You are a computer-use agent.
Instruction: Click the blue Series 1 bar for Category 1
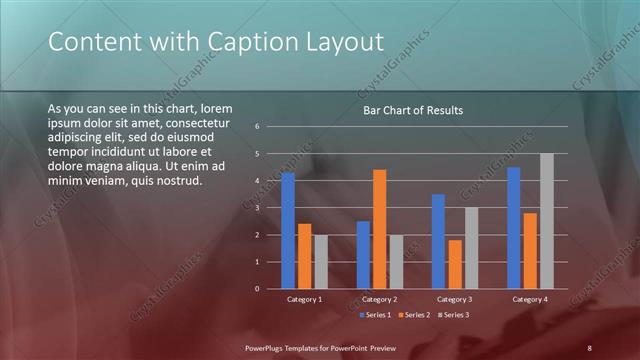[288, 231]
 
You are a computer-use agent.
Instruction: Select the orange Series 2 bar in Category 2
[379, 229]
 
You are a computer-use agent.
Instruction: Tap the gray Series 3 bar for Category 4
[546, 221]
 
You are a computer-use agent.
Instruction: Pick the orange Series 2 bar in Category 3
[455, 264]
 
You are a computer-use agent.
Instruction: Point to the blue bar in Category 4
[514, 228]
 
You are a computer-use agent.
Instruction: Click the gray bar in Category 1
[320, 262]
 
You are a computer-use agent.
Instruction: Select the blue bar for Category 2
[363, 255]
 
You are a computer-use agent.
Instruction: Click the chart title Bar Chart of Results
[412, 110]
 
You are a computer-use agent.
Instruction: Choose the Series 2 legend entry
[412, 315]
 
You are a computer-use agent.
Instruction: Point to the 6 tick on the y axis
[257, 127]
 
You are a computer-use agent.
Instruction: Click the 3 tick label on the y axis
[257, 208]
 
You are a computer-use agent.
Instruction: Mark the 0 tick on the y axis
[257, 289]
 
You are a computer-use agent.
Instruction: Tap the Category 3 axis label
[455, 299]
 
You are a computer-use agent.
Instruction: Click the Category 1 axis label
[304, 299]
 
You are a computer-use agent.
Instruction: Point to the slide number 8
[589, 347]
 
